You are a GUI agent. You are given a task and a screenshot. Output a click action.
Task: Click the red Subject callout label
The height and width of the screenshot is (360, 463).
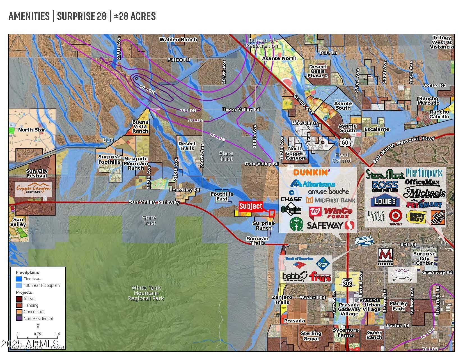[x=251, y=206]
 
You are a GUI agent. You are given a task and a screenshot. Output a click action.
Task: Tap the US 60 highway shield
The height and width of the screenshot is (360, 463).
[x=345, y=142]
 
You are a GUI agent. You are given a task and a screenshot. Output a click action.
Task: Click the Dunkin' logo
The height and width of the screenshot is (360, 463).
[x=311, y=172]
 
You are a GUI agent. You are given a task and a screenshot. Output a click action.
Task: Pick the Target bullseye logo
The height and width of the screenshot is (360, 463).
[x=395, y=217]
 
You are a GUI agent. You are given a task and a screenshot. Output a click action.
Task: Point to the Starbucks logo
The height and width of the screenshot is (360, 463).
[x=296, y=224]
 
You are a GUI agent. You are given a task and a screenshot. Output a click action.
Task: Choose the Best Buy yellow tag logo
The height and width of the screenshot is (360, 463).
[x=416, y=218]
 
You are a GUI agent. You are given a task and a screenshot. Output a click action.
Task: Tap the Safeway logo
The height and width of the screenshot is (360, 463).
[x=331, y=225]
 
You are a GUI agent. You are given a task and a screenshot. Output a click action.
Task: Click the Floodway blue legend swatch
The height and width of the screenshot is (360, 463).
[x=19, y=279]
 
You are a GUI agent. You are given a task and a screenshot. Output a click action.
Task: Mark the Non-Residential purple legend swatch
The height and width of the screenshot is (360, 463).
[x=19, y=318]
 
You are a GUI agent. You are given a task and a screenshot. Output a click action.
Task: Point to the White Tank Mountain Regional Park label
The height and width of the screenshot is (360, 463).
[x=146, y=293]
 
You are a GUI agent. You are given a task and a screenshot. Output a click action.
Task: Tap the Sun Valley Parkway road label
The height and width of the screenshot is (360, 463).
[x=154, y=202]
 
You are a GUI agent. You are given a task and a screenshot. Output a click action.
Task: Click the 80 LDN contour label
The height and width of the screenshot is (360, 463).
[x=147, y=89]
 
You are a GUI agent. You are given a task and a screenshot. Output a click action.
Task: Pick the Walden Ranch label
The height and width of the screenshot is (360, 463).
[x=178, y=40]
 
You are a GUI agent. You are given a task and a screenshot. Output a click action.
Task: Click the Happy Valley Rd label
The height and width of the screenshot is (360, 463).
[x=241, y=109]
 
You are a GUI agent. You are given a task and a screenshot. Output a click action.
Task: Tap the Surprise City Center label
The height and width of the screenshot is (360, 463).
[x=424, y=258]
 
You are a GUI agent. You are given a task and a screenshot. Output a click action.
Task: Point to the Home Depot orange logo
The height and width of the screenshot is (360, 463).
[x=437, y=217]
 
